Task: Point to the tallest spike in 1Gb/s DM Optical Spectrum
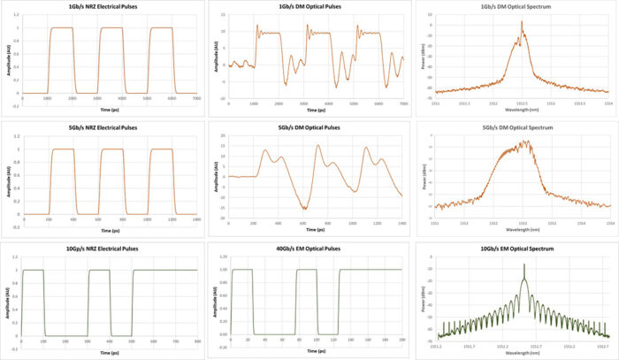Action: tap(522, 22)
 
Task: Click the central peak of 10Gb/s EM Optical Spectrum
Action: tap(523, 264)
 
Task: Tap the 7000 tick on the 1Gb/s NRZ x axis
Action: tap(196, 99)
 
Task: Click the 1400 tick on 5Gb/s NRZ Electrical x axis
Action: tap(196, 219)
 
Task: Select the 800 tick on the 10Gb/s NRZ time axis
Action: tap(197, 341)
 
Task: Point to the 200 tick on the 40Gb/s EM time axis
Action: tap(403, 341)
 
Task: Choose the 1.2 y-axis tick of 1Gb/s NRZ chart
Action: tap(17, 17)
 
